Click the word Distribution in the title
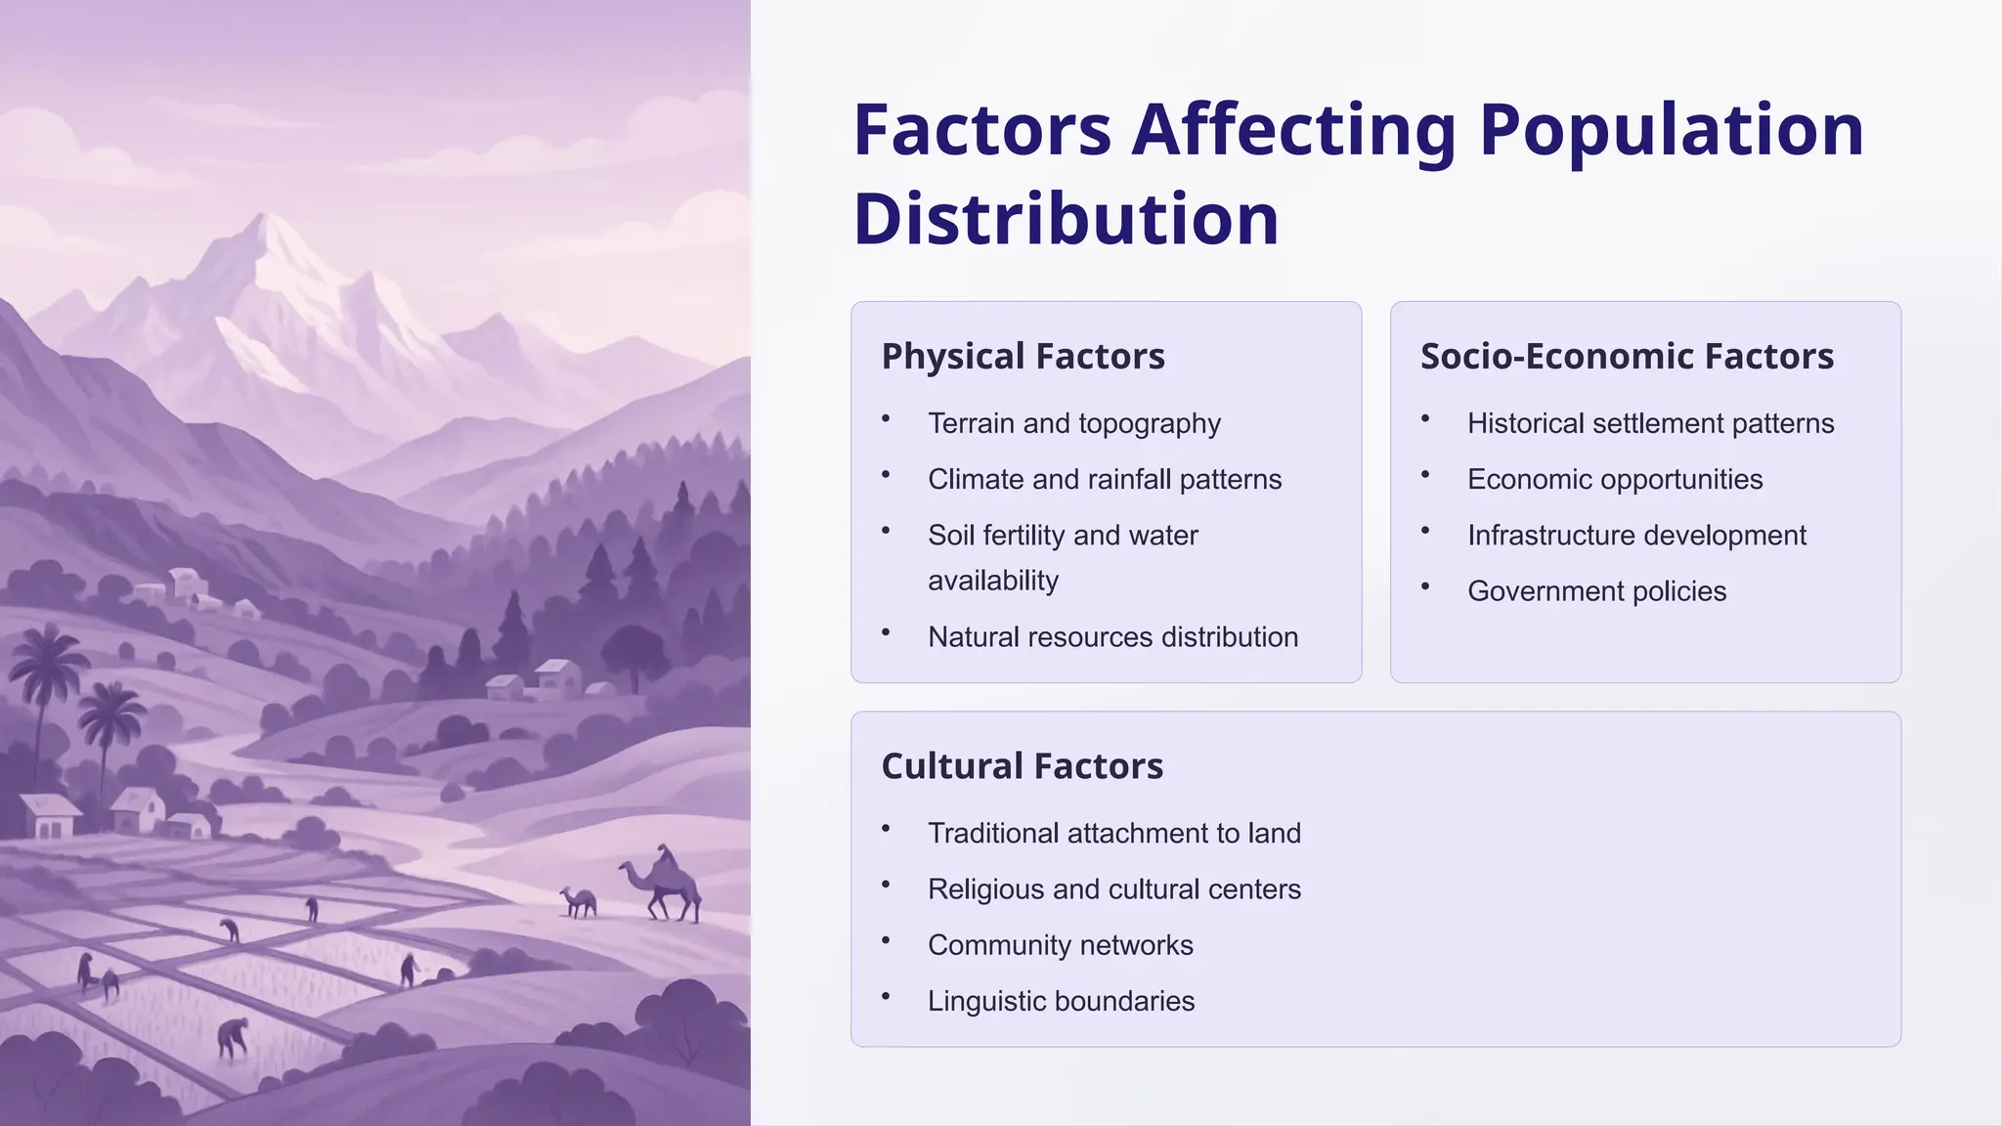click(x=1066, y=219)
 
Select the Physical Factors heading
click(x=1023, y=357)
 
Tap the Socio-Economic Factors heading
click(x=1627, y=357)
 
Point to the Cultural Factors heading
click(x=1022, y=766)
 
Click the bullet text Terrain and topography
click(x=1073, y=423)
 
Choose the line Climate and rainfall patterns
click(x=1104, y=480)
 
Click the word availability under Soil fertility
click(x=992, y=581)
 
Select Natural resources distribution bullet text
click(x=1112, y=637)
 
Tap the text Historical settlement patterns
click(x=1650, y=423)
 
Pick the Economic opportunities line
click(x=1614, y=480)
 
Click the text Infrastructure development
click(x=1635, y=536)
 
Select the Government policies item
click(x=1596, y=591)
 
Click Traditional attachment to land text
click(x=1113, y=834)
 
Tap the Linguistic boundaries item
click(x=1061, y=1002)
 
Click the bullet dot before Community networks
click(x=886, y=941)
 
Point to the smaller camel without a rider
click(x=581, y=901)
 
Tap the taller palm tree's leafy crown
click(x=44, y=660)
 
